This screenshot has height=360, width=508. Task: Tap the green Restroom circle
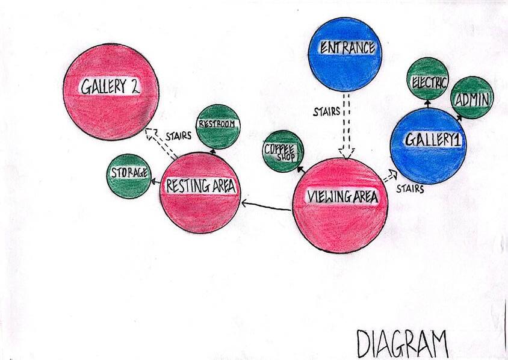click(x=218, y=126)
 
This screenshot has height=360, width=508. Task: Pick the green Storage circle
click(x=128, y=176)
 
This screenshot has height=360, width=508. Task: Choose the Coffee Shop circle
click(x=282, y=151)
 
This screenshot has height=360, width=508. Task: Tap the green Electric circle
click(x=428, y=78)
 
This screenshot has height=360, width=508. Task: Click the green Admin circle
click(x=471, y=98)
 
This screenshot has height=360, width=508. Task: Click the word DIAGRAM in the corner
click(x=402, y=343)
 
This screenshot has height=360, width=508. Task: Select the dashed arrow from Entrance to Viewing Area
click(x=345, y=126)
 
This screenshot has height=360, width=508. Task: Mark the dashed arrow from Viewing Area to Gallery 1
click(x=391, y=176)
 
